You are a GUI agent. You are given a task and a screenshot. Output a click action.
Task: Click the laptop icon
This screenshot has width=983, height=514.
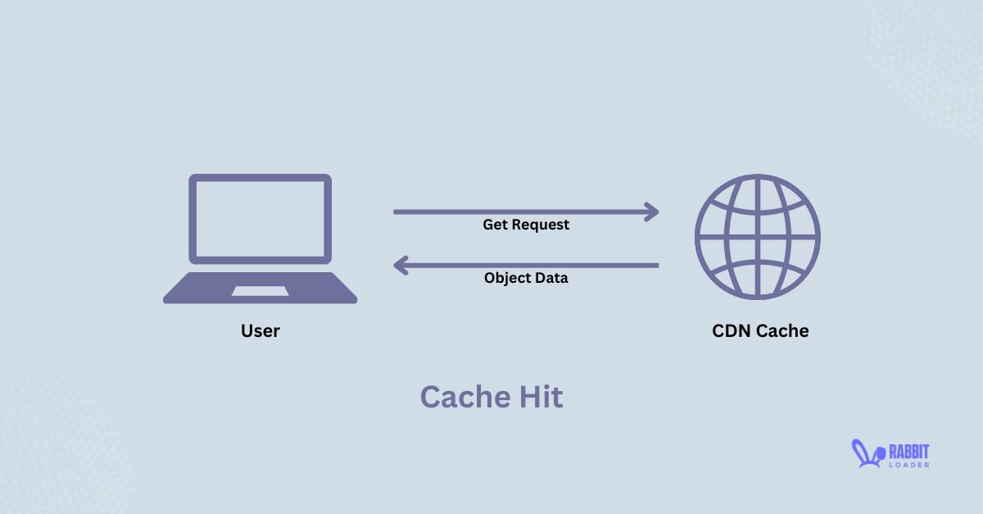click(x=260, y=238)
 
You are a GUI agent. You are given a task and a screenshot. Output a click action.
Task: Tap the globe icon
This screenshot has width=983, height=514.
click(x=757, y=238)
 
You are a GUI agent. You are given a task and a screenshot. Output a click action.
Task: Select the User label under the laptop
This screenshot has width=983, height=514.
click(x=260, y=331)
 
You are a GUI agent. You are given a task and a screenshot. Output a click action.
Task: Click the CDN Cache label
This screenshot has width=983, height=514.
click(x=760, y=331)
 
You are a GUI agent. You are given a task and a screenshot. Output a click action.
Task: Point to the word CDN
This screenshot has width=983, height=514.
click(x=732, y=331)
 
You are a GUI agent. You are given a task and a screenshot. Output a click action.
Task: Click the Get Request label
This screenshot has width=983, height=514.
click(x=526, y=225)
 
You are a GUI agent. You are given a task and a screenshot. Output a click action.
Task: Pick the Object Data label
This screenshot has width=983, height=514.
click(x=526, y=278)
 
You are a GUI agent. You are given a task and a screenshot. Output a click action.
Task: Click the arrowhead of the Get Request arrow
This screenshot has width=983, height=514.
click(x=652, y=212)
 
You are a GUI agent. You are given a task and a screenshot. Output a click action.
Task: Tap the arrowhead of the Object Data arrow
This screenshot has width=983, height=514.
click(x=401, y=265)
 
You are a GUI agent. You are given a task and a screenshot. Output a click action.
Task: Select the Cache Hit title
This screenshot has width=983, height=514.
click(x=491, y=398)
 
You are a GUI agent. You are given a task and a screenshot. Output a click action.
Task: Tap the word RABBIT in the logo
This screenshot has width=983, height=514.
click(x=909, y=451)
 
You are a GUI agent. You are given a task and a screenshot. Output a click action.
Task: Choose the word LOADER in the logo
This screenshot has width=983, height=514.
click(x=909, y=465)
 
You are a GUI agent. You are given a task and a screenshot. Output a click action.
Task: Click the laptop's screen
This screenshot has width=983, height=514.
click(x=260, y=218)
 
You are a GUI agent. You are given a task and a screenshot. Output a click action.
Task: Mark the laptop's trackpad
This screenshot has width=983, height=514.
click(x=260, y=291)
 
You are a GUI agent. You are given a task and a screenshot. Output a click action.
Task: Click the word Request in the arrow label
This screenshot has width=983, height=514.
click(x=541, y=225)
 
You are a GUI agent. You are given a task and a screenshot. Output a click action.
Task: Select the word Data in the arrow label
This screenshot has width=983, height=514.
click(x=551, y=278)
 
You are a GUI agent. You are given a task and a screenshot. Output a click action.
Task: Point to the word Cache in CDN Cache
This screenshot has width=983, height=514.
click(x=781, y=331)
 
